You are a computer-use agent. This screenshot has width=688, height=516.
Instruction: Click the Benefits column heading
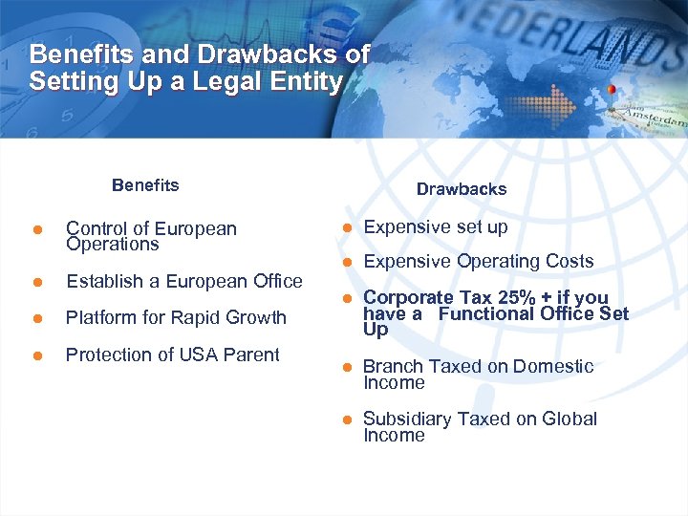pos(145,185)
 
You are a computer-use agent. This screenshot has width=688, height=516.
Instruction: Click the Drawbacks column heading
pos(462,189)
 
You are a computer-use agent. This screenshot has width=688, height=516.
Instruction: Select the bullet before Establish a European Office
pos(36,282)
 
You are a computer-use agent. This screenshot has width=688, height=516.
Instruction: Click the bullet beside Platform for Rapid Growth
pos(36,318)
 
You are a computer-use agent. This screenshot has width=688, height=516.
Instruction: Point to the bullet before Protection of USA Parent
pos(36,355)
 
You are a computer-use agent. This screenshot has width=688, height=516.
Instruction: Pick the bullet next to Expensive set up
pos(349,227)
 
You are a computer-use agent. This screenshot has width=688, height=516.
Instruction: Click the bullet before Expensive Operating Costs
pos(349,262)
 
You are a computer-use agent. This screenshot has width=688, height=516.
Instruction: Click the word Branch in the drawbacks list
pos(391,367)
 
